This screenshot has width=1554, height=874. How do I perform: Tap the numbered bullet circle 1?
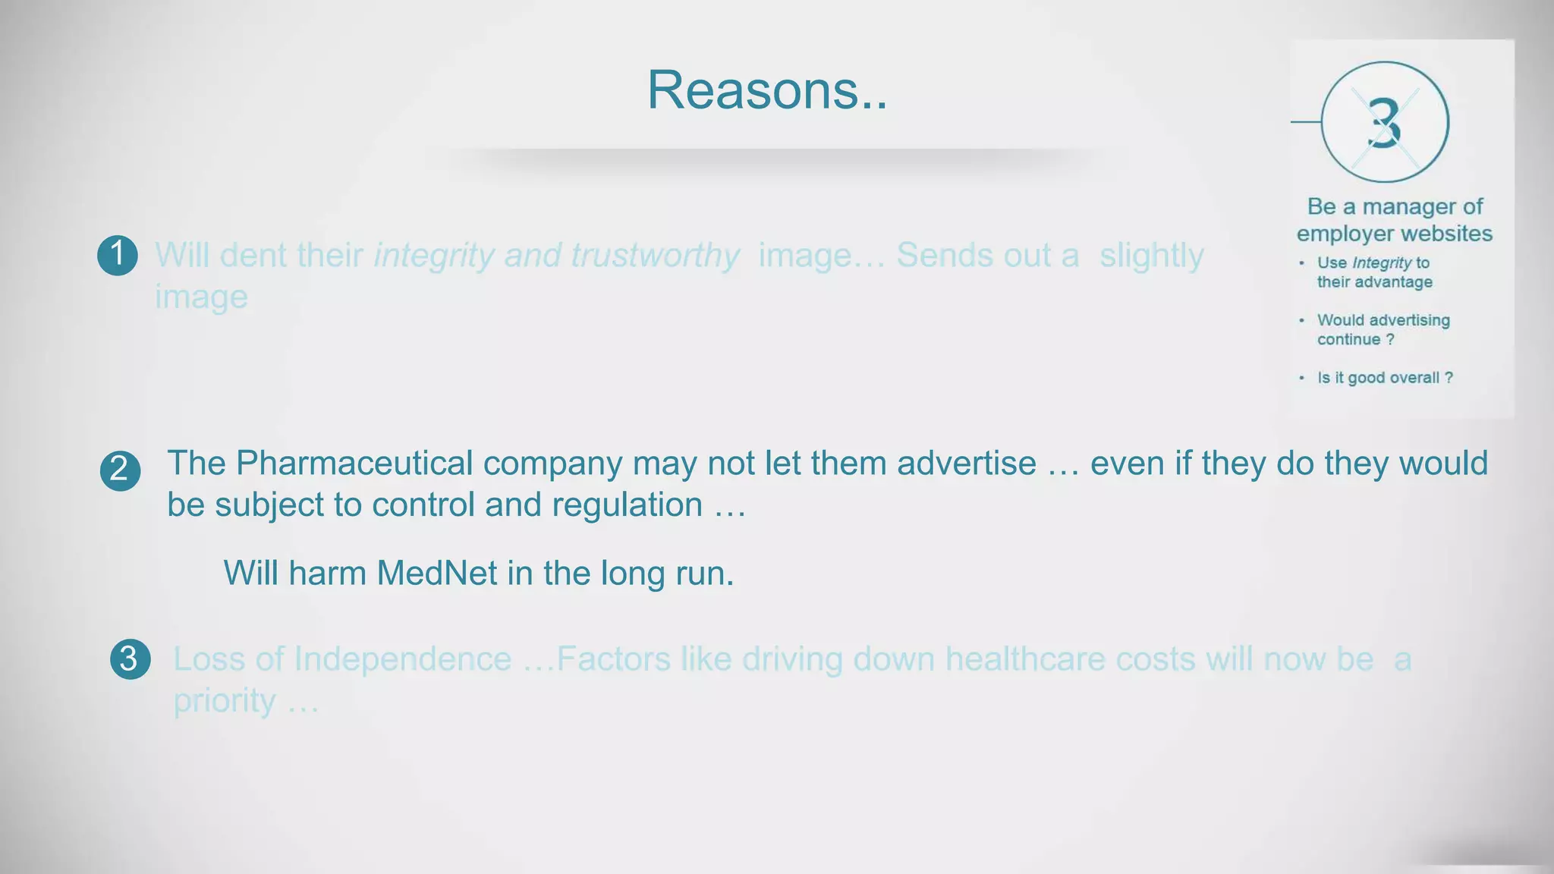tap(118, 254)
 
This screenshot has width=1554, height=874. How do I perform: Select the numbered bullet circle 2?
tap(120, 470)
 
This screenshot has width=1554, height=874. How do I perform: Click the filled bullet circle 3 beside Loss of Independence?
tap(130, 659)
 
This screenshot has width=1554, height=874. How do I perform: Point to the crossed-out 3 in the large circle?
tap(1385, 122)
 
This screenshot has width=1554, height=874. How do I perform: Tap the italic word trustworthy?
tap(655, 256)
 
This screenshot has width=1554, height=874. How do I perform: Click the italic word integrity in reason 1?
tap(434, 256)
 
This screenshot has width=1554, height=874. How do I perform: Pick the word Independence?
tap(402, 659)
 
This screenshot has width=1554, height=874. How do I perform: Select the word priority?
tap(224, 701)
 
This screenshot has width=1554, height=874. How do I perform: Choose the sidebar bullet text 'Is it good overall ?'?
tap(1385, 378)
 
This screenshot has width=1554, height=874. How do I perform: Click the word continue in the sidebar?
tap(1348, 340)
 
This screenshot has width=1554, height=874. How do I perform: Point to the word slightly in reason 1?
tap(1151, 256)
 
